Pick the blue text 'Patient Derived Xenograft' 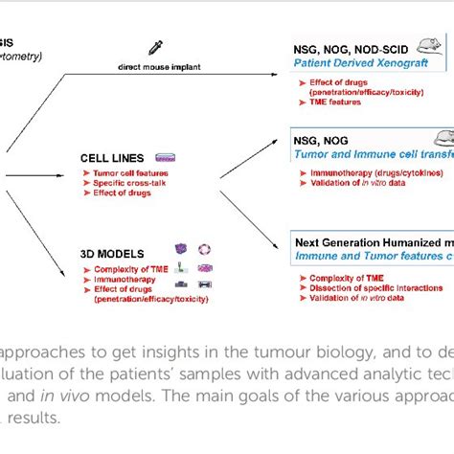click(359, 60)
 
